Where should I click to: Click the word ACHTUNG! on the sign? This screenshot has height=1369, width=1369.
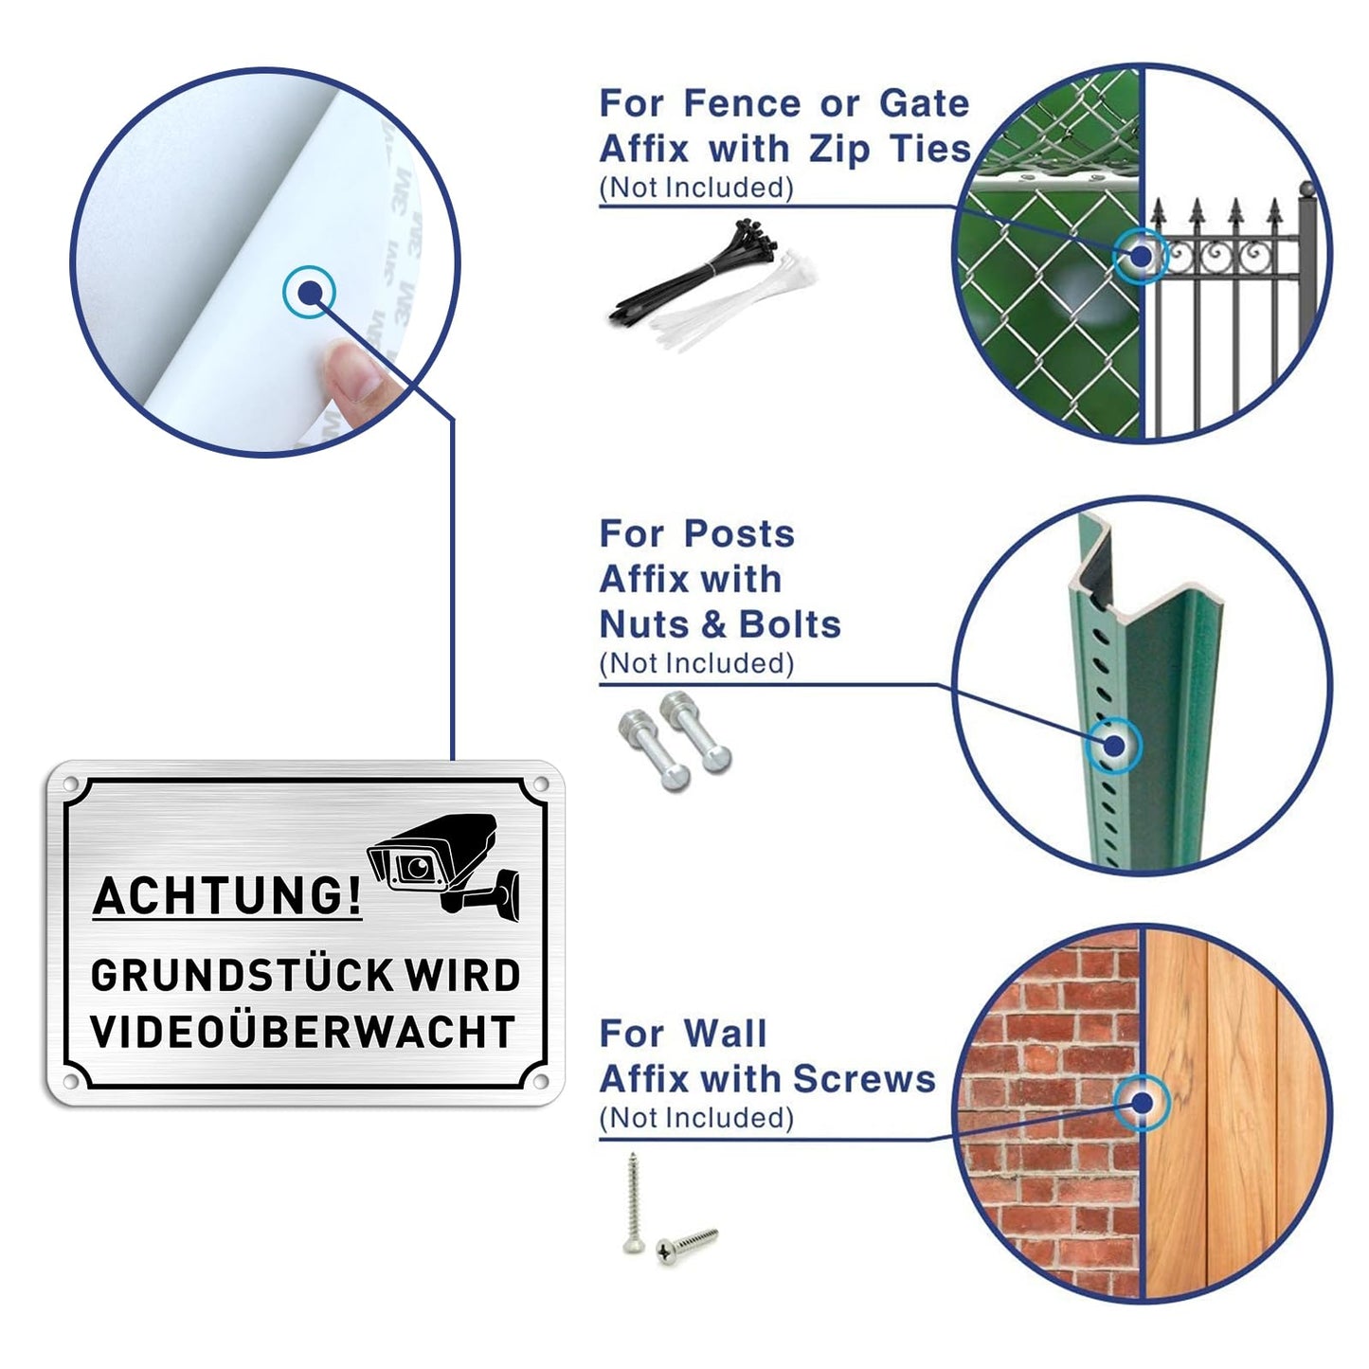pos(227,895)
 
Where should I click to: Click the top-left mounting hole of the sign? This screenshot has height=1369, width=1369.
pos(70,784)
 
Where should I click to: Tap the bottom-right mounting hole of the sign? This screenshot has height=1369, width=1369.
pos(540,1082)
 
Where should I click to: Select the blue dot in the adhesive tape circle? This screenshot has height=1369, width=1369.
pos(309,291)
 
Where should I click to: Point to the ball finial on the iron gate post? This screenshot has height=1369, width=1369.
pos(1307,189)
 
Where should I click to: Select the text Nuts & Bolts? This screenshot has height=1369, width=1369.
pos(720,625)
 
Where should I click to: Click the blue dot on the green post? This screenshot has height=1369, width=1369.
pos(1115,746)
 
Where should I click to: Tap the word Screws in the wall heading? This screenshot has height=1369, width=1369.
pos(864,1079)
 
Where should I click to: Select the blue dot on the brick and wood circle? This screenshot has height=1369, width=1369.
pos(1142,1104)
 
